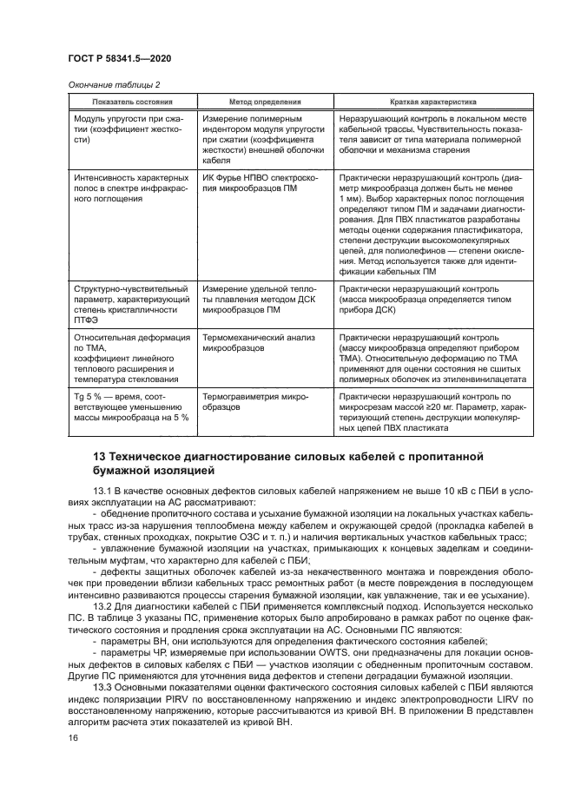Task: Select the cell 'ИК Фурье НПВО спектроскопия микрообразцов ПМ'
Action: point(261,183)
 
